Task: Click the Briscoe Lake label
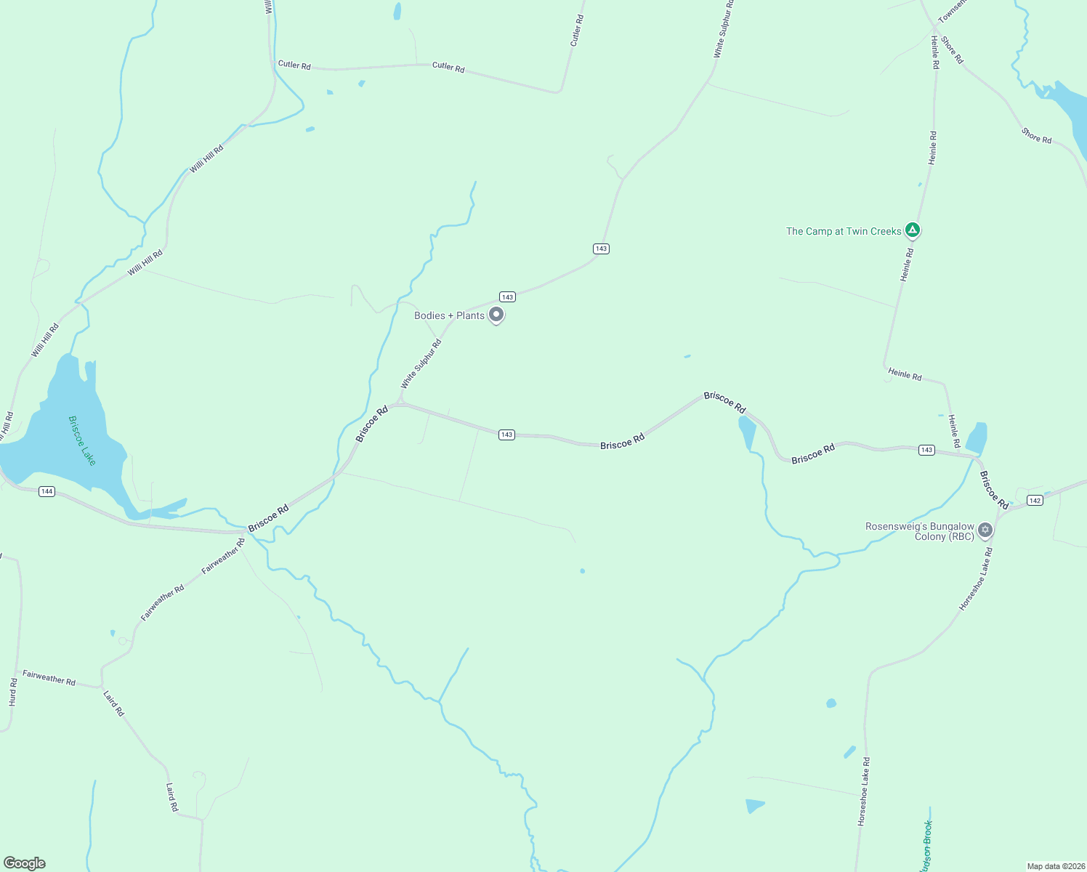point(81,440)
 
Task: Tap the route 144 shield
point(47,491)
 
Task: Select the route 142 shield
point(1035,500)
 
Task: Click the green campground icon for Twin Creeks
point(913,230)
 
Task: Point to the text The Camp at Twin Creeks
point(844,231)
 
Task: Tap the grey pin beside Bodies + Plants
point(496,315)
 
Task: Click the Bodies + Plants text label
point(449,315)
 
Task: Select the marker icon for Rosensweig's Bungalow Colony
point(985,530)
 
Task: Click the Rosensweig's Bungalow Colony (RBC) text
point(920,531)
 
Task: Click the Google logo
point(24,863)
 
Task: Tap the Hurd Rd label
point(13,692)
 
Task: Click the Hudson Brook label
point(927,843)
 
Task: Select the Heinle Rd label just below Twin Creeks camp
point(906,265)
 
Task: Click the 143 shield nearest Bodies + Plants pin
point(507,296)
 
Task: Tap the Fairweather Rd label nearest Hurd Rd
point(49,677)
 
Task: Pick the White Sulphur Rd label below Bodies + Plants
point(421,363)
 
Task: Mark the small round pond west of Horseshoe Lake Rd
point(831,703)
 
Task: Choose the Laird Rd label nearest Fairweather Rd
point(114,703)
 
